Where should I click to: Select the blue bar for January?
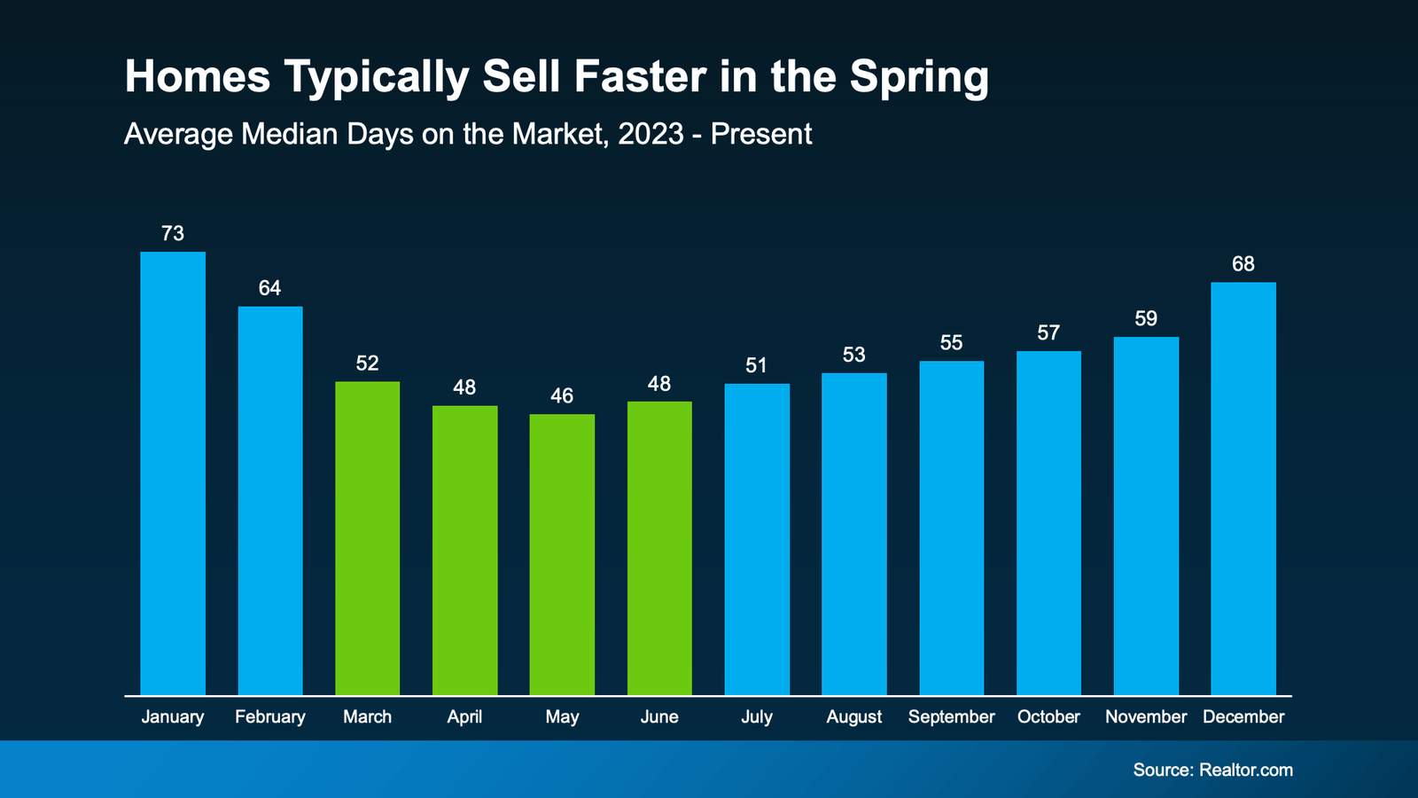coord(173,473)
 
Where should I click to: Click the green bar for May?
coord(562,554)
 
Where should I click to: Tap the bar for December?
coord(1243,489)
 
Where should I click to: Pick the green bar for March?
coord(367,538)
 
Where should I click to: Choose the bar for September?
coord(951,528)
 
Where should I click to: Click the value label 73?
coord(173,233)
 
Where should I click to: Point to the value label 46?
coord(562,395)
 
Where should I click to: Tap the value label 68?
coord(1243,264)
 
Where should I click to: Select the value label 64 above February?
coord(269,288)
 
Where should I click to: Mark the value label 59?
coord(1146,318)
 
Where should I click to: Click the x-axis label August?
coord(853,717)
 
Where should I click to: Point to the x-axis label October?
coord(1048,716)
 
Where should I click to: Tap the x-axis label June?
coord(659,716)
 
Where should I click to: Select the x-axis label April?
coord(464,717)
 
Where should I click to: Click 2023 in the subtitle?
coord(651,134)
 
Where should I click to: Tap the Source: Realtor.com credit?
coord(1212,770)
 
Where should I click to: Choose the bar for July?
coord(757,539)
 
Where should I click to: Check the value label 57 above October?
coord(1048,332)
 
